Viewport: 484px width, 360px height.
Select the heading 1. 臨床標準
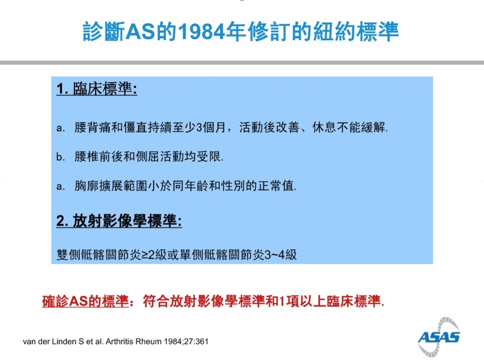click(97, 89)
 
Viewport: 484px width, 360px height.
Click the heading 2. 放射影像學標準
click(119, 221)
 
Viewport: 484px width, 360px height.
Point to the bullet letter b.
click(60, 157)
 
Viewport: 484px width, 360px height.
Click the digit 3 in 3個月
click(199, 127)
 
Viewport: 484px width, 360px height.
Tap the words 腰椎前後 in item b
click(99, 157)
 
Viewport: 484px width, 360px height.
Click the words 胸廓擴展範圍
click(111, 186)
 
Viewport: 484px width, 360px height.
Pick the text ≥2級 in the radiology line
click(154, 254)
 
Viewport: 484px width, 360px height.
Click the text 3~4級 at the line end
click(281, 254)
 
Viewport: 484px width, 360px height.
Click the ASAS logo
click(439, 337)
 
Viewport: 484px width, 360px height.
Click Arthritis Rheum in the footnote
click(134, 341)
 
